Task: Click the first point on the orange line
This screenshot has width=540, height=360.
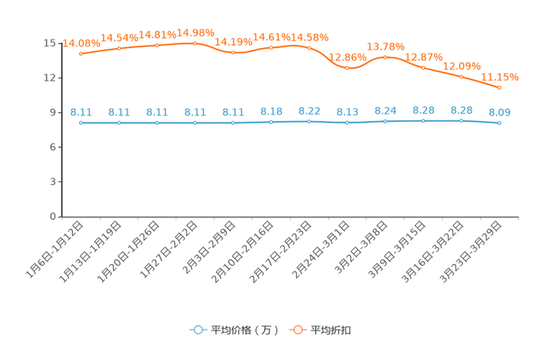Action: click(81, 54)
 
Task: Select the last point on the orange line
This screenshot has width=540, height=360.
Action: click(499, 87)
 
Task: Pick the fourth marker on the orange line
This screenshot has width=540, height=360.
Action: click(195, 44)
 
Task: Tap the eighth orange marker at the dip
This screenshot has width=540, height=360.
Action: click(347, 68)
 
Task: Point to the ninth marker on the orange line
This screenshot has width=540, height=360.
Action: click(385, 57)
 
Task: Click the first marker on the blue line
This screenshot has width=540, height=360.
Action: click(81, 123)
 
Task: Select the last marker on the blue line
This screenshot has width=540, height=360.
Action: click(499, 123)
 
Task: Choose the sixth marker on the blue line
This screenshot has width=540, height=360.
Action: click(271, 122)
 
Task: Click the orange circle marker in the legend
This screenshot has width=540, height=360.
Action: click(298, 330)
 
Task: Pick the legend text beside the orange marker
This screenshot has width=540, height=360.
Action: click(332, 330)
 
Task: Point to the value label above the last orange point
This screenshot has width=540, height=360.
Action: click(501, 75)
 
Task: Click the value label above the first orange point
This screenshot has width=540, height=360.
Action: click(80, 43)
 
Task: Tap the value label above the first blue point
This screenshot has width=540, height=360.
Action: click(81, 112)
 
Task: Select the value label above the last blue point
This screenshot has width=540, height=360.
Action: click(499, 112)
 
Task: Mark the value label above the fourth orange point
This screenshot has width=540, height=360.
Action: click(195, 33)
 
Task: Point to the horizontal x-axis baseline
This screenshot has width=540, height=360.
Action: click(290, 216)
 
